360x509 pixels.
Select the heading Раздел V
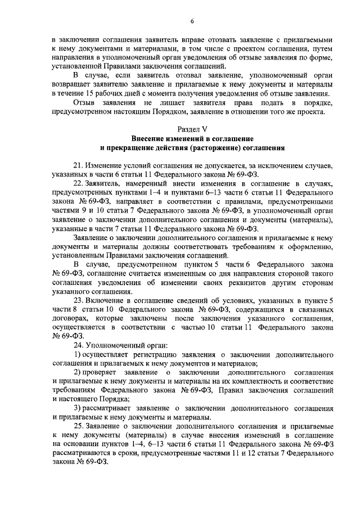pyautogui.click(x=192, y=129)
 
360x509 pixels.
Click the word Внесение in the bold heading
pyautogui.click(x=148, y=138)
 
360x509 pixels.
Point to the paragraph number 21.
pyautogui.click(x=78, y=166)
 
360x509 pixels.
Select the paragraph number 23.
pyautogui.click(x=78, y=300)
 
